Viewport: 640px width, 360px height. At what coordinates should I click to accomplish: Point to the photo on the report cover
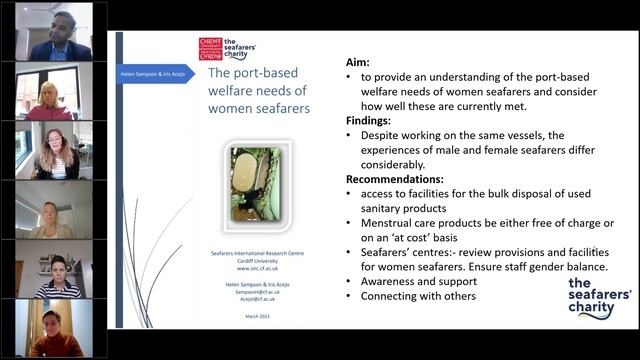point(254,184)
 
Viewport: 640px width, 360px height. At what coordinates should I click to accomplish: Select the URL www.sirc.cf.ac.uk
point(257,269)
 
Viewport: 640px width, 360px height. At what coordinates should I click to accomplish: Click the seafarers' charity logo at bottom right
point(599,297)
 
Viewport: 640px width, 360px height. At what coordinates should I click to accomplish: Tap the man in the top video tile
point(56,38)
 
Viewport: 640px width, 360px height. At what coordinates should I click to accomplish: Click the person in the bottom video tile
point(50,333)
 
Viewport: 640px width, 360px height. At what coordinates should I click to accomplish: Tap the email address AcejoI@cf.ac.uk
point(257,298)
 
